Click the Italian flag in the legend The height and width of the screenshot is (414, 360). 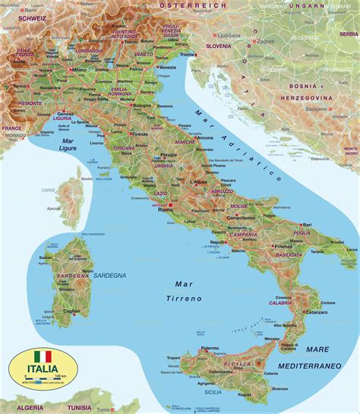click(43, 356)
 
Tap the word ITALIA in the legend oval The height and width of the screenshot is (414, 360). click(43, 369)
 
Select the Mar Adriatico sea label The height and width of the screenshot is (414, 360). click(236, 145)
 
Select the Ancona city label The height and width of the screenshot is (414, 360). click(204, 137)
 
